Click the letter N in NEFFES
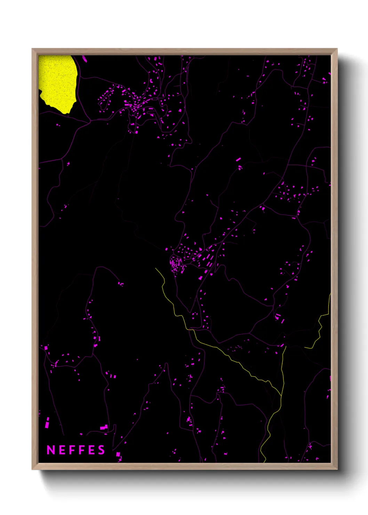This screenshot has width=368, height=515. pos(51,450)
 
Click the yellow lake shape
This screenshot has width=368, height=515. pos(57,82)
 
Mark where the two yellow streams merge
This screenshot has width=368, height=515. pos(281,396)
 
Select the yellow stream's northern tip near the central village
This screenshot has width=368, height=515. pos(155,268)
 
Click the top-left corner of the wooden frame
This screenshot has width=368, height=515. pos(32,49)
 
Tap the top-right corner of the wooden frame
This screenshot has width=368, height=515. pos(337,49)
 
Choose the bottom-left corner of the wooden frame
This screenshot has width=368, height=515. pos(32,469)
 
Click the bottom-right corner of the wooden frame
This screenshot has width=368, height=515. pos(337,469)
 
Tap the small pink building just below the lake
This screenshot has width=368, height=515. pos(58,124)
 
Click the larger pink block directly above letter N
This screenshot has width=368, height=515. pos(47,425)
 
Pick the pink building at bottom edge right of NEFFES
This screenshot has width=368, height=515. pos(118,454)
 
